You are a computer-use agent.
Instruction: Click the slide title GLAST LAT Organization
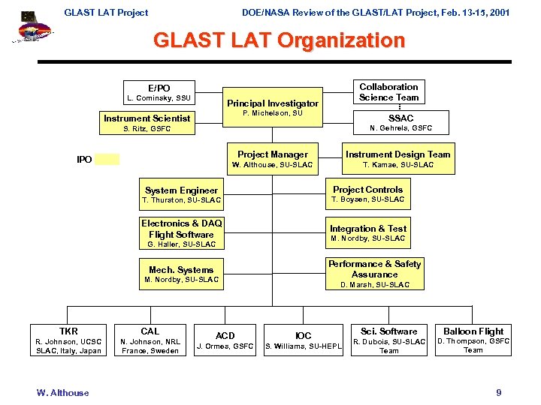click(279, 40)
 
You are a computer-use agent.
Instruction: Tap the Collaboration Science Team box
click(388, 91)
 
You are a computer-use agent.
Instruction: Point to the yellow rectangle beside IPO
click(107, 159)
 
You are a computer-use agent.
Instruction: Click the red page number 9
click(498, 393)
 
